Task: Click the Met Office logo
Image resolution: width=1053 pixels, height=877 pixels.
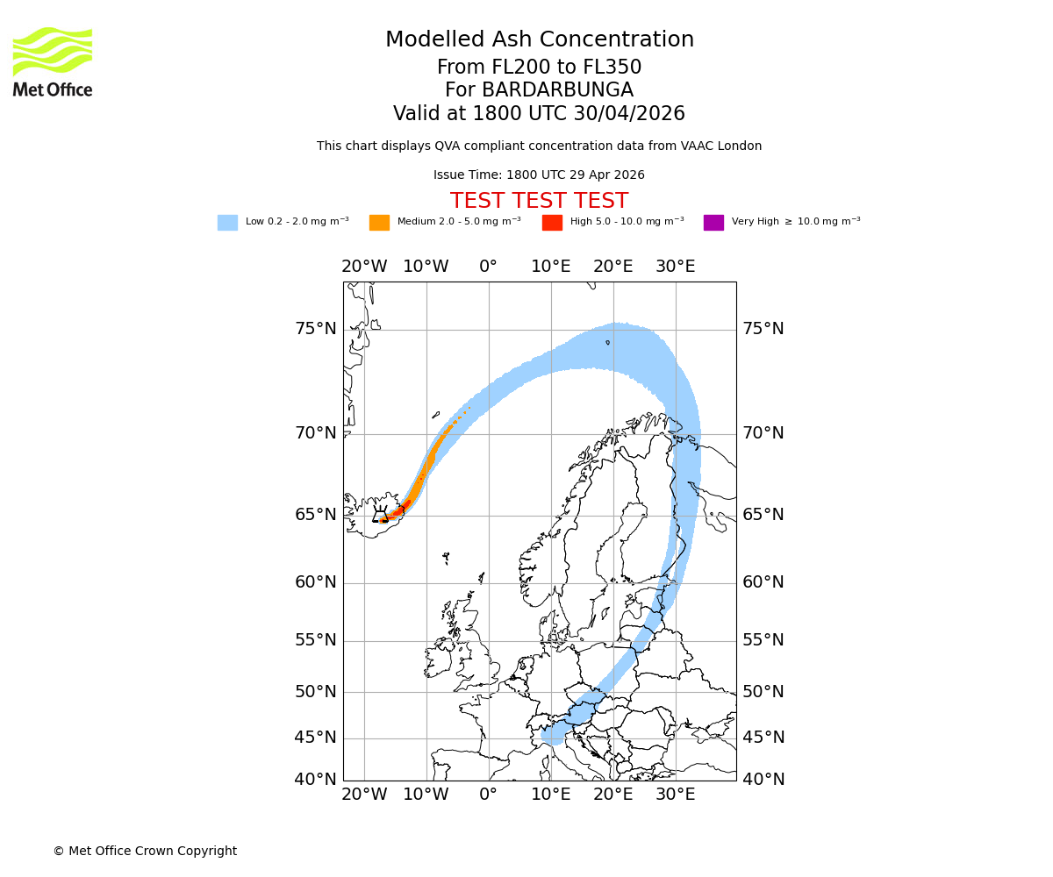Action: [53, 61]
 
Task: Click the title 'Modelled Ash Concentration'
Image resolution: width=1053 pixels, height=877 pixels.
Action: [540, 39]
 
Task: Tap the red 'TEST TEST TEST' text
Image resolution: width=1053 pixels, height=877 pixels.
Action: [539, 201]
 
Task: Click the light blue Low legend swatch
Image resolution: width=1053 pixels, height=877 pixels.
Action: [227, 222]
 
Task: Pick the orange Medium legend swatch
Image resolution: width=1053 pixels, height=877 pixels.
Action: [379, 222]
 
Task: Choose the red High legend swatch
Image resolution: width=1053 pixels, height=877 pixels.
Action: [552, 222]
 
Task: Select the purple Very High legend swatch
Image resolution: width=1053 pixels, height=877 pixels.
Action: [713, 222]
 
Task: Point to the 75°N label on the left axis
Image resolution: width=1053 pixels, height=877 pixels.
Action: [315, 329]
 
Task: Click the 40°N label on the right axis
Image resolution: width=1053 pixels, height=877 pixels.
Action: [763, 779]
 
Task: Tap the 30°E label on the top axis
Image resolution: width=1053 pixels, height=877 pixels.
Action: [675, 267]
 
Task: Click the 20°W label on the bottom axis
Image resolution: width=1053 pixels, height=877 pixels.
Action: [364, 795]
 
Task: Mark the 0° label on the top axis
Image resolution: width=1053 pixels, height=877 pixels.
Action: [488, 267]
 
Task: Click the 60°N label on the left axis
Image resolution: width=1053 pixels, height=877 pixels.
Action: [315, 582]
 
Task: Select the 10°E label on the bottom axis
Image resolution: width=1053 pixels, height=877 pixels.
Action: [551, 795]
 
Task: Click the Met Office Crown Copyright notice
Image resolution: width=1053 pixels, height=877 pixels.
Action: [145, 851]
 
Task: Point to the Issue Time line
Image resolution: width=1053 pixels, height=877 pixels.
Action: [539, 175]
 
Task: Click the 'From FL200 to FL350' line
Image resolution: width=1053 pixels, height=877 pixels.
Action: [539, 68]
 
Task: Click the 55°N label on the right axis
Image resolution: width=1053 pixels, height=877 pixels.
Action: [763, 640]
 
